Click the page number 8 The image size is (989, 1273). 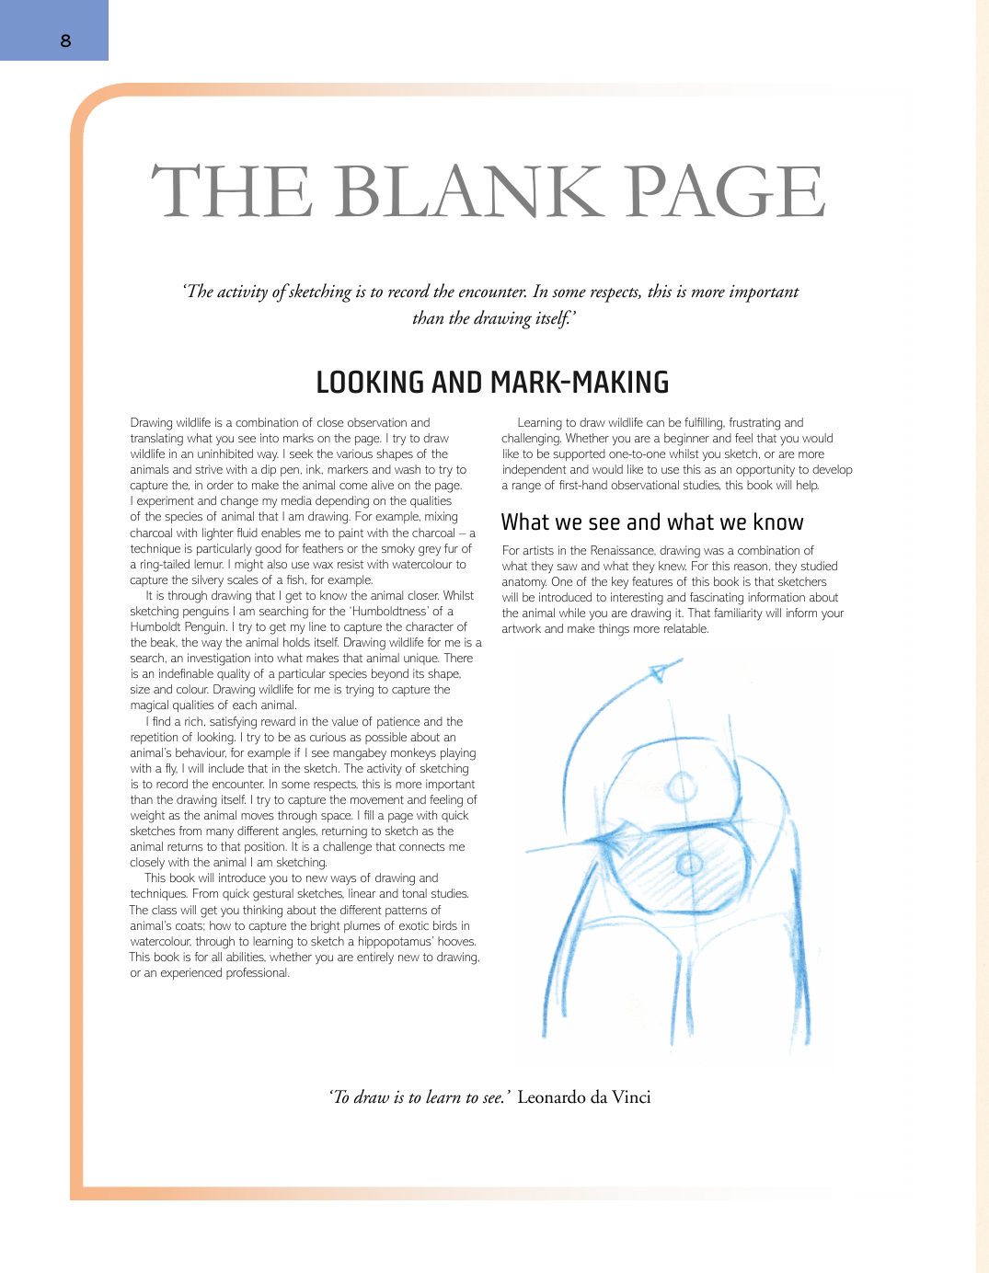pos(65,40)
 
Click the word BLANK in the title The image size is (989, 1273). pos(471,192)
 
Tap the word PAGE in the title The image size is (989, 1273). pos(727,192)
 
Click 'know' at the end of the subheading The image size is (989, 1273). pos(778,522)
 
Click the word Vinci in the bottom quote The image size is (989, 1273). pos(631,1097)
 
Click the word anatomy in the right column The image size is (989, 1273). pos(524,582)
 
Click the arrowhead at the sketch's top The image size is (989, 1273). pos(659,672)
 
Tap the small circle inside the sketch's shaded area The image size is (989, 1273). pos(688,864)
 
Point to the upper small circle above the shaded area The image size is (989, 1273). pos(682,786)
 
